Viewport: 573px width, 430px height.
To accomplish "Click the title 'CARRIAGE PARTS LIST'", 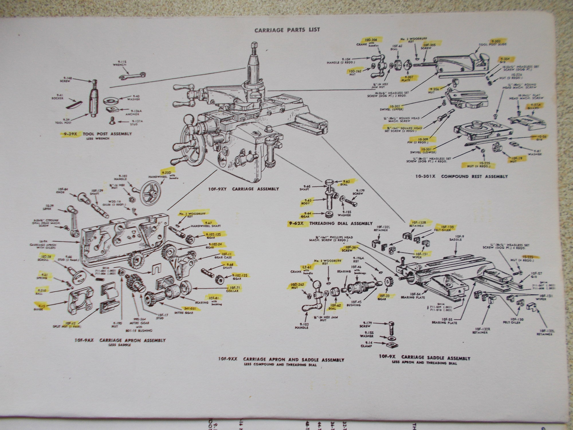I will [x=287, y=30].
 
